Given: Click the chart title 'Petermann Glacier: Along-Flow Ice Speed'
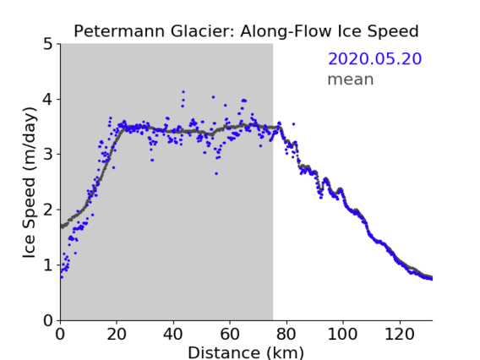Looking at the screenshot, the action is point(246,31).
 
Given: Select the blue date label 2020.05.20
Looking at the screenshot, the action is point(374,59).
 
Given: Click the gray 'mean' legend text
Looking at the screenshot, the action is point(351,79).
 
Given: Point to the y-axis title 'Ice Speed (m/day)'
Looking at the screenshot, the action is point(30,183).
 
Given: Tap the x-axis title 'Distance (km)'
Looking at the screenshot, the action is point(246,352).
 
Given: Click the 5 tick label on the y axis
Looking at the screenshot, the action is point(47,45).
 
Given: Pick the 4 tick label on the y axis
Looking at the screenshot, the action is point(47,100).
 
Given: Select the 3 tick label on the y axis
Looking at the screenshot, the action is point(47,155).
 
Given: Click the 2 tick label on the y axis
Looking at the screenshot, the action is point(47,210).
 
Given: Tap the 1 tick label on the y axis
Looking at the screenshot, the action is point(47,265).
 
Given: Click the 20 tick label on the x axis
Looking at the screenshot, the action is point(117,334).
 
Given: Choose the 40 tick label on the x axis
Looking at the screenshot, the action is point(173,334).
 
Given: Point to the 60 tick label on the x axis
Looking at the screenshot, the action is point(230,334).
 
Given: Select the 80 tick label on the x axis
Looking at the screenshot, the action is point(286,334).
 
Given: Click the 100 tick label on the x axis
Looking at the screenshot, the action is point(342,334).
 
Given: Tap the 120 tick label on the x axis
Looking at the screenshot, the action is point(399,334).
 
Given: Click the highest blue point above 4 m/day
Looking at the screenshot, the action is point(183,92).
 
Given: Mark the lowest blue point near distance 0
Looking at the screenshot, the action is point(62,277).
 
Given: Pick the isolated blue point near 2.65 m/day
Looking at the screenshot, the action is point(216,173).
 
